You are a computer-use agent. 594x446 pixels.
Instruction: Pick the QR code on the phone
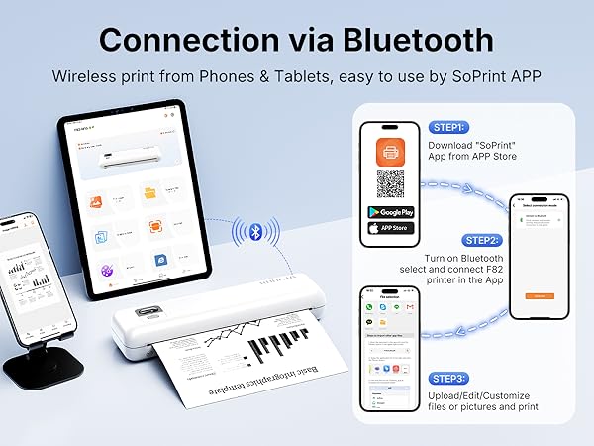coord(390,184)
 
